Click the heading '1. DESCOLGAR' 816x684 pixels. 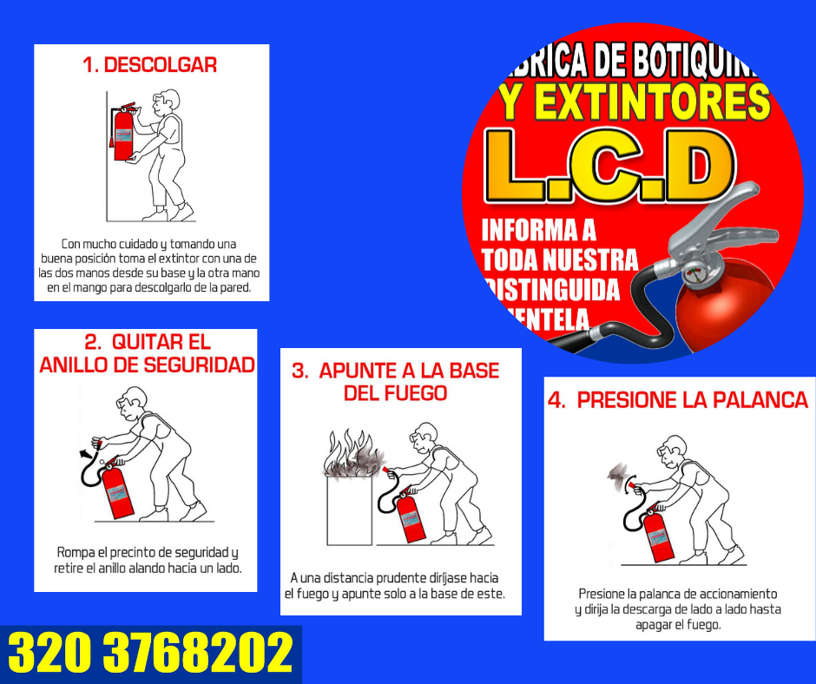coord(150,65)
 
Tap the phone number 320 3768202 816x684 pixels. coord(150,653)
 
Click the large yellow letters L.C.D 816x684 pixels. coord(609,166)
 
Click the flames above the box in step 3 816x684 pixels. coord(354,454)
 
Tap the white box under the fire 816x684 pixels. coord(349,510)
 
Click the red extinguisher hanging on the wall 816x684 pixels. coord(122,134)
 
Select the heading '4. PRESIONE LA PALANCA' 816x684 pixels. coord(678,400)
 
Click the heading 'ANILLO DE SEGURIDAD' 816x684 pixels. coord(148,365)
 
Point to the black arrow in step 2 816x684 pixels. coord(85,454)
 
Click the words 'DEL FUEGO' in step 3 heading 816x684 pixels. coord(396,393)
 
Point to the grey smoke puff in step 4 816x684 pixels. coord(617,476)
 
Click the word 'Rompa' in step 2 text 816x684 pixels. coord(76,552)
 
